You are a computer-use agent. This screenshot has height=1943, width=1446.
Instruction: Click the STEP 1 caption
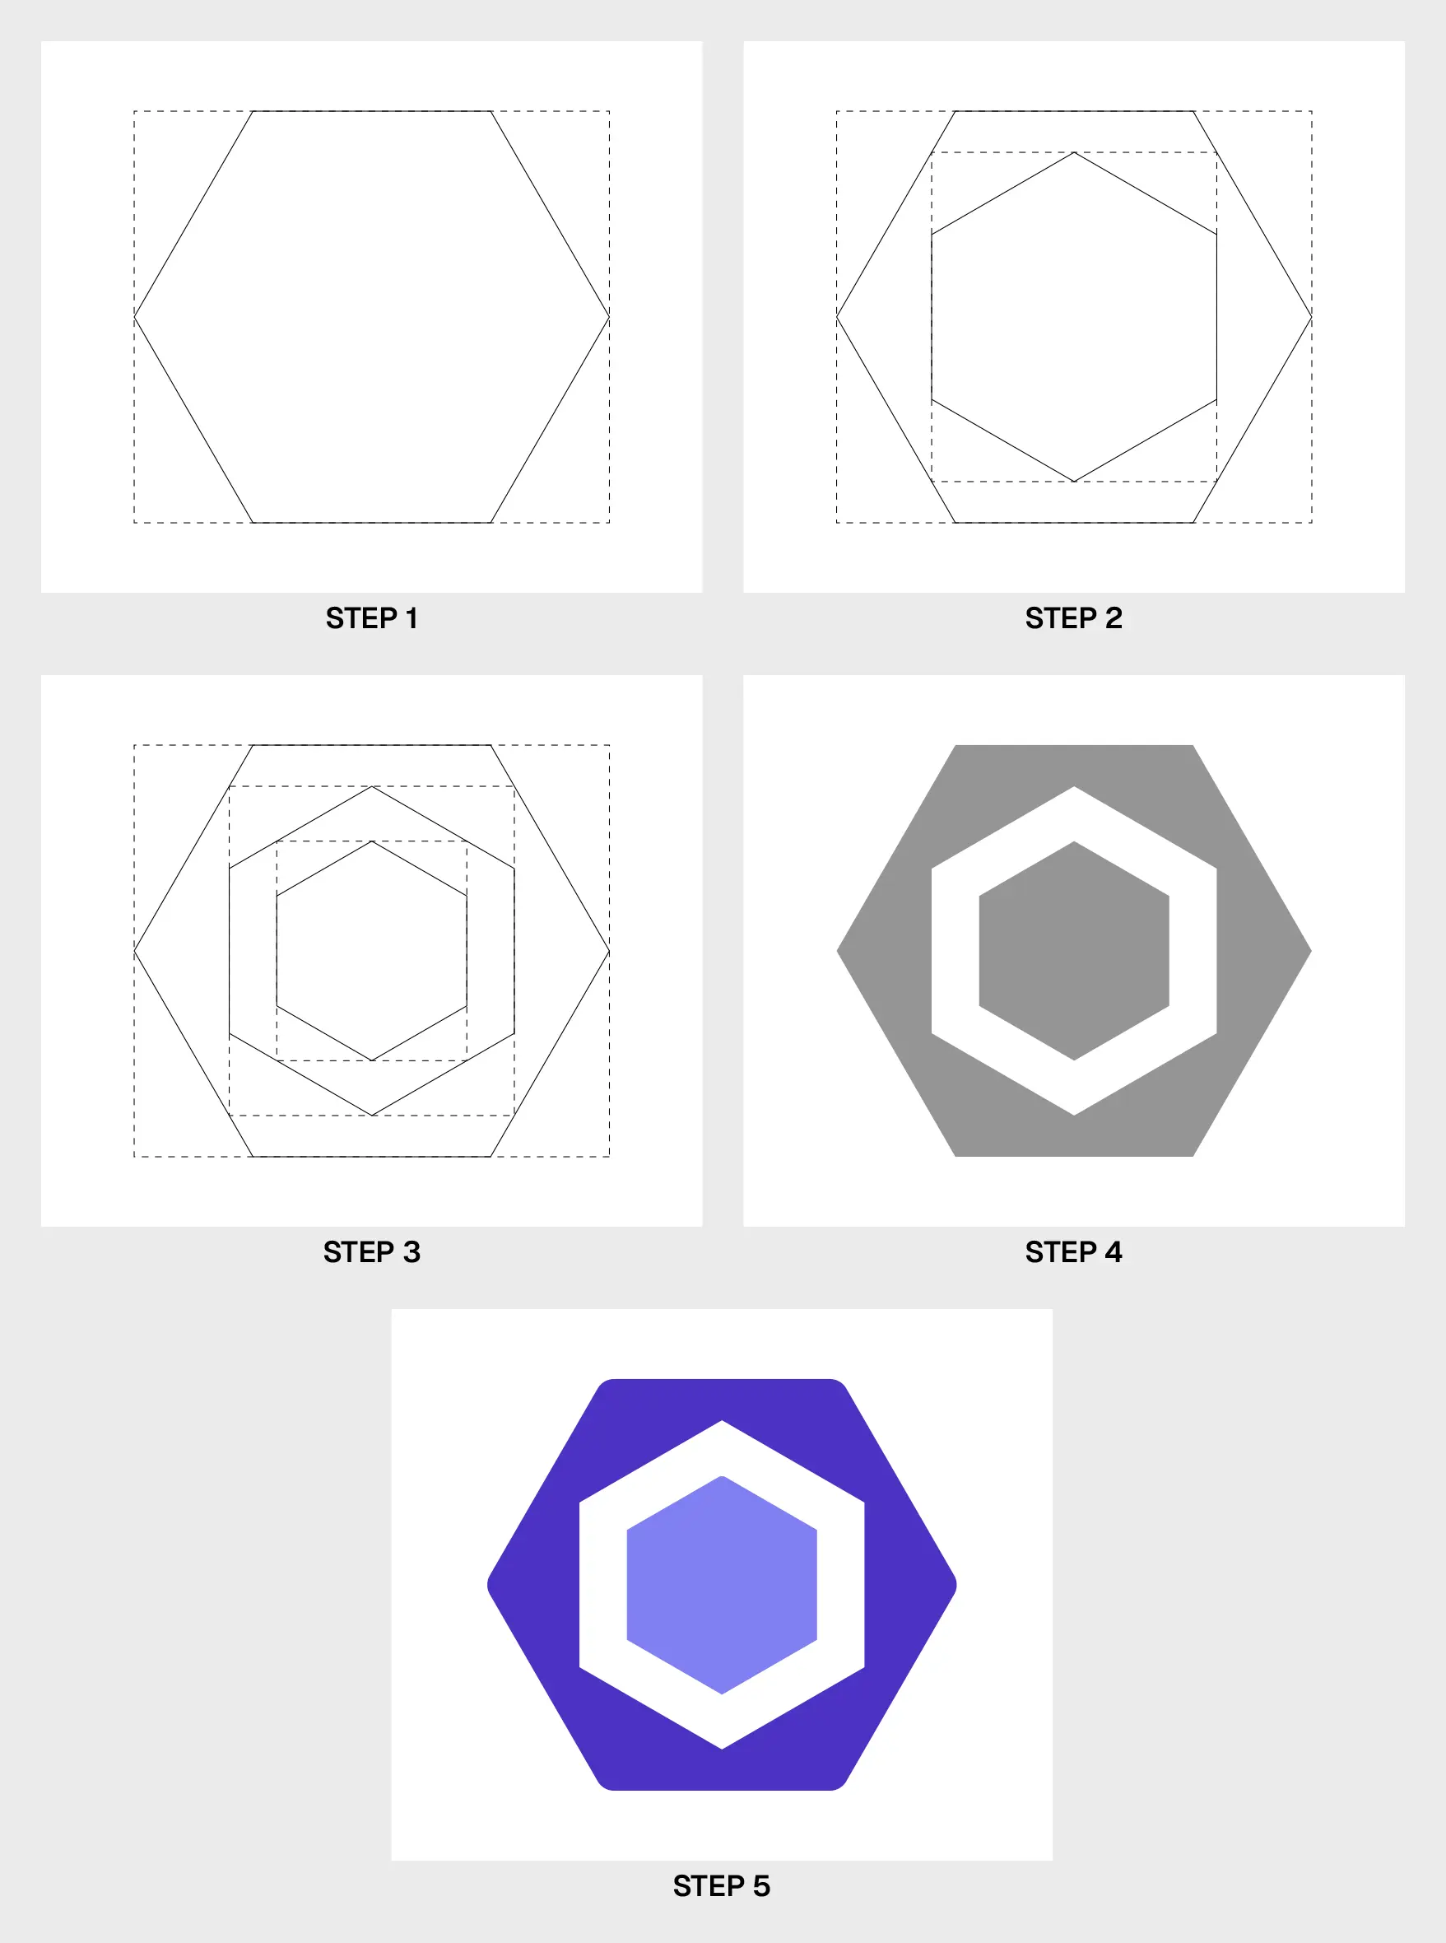coord(371,618)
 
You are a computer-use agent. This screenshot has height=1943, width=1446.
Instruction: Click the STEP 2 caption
coord(1073,618)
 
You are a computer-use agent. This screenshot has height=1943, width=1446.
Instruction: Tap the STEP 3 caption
coord(371,1252)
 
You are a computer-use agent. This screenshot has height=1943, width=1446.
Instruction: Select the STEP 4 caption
coord(1073,1252)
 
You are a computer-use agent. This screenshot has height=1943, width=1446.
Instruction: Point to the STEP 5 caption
coord(721,1886)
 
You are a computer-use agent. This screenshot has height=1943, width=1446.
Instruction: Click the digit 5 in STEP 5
coord(761,1886)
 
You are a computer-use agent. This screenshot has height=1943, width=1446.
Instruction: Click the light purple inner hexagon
coord(721,1585)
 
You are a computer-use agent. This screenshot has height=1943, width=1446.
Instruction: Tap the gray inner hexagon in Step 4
coord(1074,951)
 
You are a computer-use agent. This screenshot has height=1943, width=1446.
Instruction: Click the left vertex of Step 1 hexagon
coord(135,316)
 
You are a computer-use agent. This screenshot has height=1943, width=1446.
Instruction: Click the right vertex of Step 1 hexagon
coord(608,316)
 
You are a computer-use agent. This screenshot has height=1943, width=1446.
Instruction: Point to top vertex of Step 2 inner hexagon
coord(1074,153)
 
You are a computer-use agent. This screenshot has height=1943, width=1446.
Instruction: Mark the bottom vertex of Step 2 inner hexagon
coord(1074,481)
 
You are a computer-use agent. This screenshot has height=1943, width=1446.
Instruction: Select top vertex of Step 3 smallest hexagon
coord(372,841)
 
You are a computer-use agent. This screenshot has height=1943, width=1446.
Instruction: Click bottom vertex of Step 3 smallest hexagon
coord(372,1060)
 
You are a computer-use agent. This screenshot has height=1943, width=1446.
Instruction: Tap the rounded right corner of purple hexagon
coord(954,1585)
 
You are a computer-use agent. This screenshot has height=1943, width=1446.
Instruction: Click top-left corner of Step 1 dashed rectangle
coord(135,111)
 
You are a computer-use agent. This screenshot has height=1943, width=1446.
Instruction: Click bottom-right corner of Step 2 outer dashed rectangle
coord(1311,523)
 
